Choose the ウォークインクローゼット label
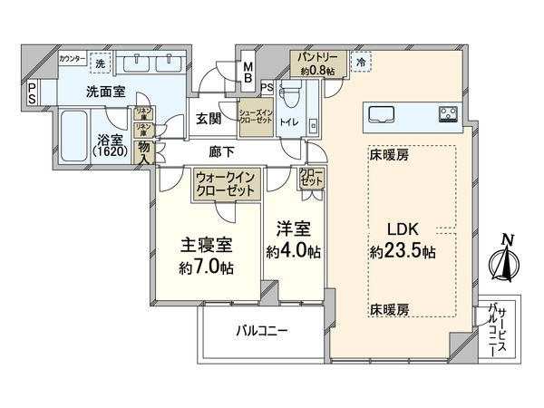227,185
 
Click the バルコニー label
262,331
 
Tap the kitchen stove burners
448,113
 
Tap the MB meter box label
248,71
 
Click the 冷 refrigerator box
361,63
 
